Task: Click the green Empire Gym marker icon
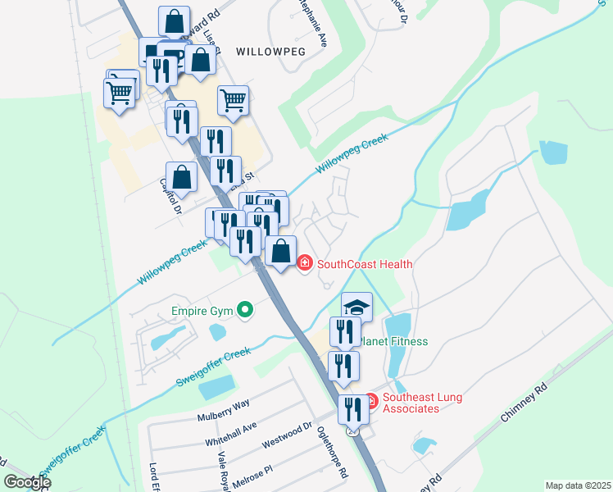pyautogui.click(x=243, y=310)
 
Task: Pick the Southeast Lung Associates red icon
pyautogui.click(x=370, y=400)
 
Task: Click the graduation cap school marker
pyautogui.click(x=356, y=307)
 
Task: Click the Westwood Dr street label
pyautogui.click(x=287, y=435)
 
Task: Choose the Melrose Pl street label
pyautogui.click(x=250, y=476)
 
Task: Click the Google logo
pyautogui.click(x=27, y=482)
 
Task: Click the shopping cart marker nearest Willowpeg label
pyautogui.click(x=233, y=100)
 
